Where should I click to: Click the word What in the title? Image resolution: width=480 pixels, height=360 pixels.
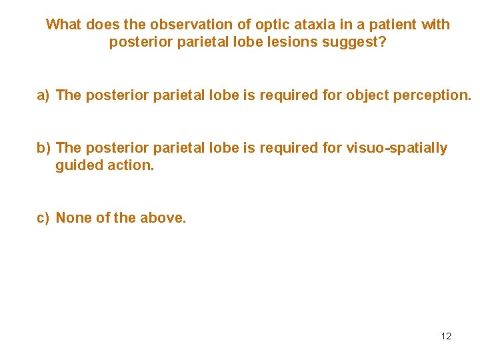pyautogui.click(x=63, y=25)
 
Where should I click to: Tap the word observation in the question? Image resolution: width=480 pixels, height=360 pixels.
pyautogui.click(x=194, y=25)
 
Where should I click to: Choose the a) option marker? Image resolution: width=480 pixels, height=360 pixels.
pyautogui.click(x=43, y=95)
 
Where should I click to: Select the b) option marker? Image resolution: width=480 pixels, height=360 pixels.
pyautogui.click(x=44, y=148)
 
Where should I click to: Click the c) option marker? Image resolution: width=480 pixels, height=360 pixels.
pyautogui.click(x=43, y=218)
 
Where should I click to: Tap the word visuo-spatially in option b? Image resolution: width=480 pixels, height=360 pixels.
pyautogui.click(x=397, y=148)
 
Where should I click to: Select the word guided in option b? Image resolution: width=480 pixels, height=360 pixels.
pyautogui.click(x=76, y=165)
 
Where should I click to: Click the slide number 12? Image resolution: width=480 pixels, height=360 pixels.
pyautogui.click(x=446, y=336)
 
